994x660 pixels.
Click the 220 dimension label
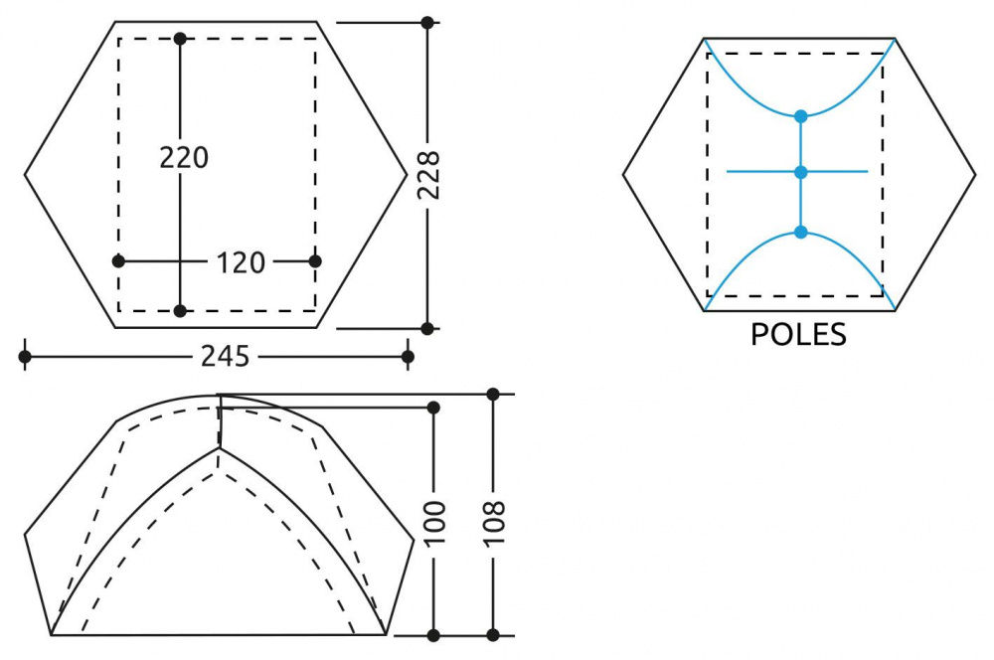coord(184,157)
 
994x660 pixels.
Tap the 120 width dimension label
coord(241,262)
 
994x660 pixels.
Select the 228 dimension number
coord(429,175)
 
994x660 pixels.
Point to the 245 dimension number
coord(225,356)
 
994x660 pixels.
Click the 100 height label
coord(435,523)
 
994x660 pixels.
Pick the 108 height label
coord(494,523)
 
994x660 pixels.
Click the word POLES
coord(798,334)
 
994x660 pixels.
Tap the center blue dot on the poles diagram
coord(800,172)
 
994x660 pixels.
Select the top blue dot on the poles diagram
coord(800,116)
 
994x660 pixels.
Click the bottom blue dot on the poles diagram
coord(800,232)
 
